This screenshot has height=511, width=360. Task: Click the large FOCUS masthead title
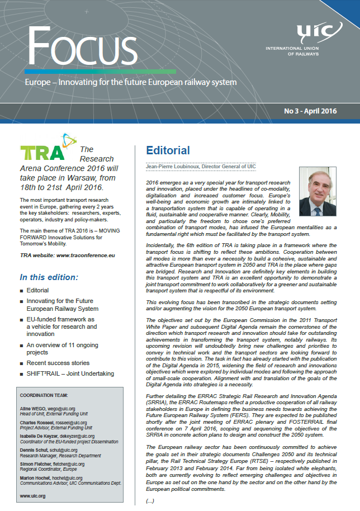pos(81,45)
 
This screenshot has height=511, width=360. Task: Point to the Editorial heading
pos(168,150)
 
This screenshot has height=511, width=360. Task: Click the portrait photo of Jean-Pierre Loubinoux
pos(318,192)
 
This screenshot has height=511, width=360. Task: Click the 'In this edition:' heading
pos(49,277)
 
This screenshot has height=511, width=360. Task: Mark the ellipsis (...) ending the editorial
pos(150,500)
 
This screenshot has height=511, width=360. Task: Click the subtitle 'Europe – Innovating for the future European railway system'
pos(131,83)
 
